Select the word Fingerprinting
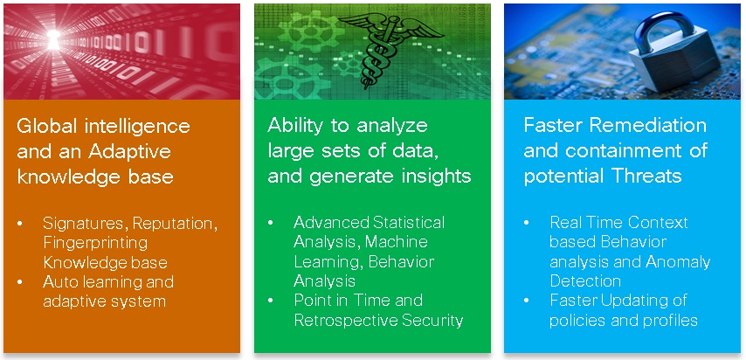(95, 242)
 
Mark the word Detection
(584, 281)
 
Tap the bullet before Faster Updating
(528, 301)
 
